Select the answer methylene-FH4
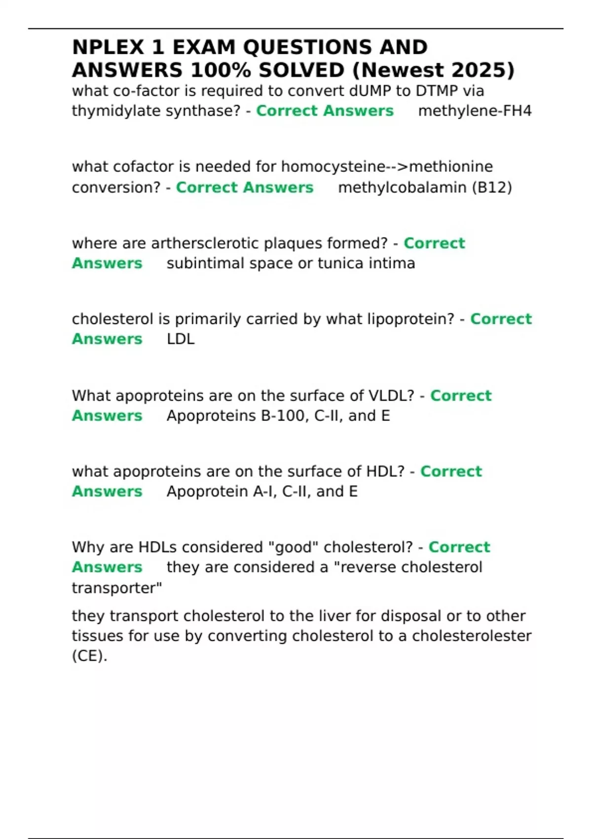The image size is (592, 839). (475, 111)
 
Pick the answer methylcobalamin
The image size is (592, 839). (402, 188)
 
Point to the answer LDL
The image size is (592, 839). (181, 339)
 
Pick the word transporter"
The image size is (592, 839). (117, 588)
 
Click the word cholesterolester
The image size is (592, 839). (472, 636)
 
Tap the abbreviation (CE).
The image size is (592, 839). (89, 656)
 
